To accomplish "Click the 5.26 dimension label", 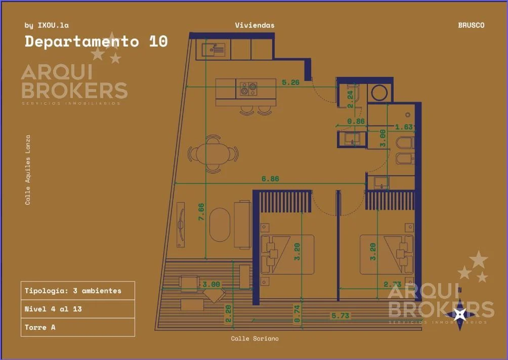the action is [290, 82].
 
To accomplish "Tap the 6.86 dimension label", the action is [270, 178].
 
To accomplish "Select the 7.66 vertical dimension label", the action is [201, 212].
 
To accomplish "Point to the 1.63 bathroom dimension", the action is [404, 127].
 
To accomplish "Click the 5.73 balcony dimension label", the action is [340, 316].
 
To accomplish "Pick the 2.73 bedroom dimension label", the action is [392, 284].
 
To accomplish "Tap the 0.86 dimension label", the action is [356, 121].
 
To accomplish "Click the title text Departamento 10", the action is [96, 41].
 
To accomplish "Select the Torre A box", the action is [78, 327].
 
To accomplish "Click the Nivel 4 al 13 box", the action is [78, 309].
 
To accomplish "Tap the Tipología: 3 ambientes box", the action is [78, 291].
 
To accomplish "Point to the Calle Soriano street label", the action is [255, 338].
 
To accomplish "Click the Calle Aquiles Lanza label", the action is [28, 170].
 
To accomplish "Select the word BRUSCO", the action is [471, 25].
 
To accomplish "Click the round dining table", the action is [213, 154].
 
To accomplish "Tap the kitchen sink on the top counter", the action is [213, 50].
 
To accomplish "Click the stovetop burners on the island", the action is [248, 89].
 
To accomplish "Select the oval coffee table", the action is [220, 224].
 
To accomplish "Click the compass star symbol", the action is [459, 314].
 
